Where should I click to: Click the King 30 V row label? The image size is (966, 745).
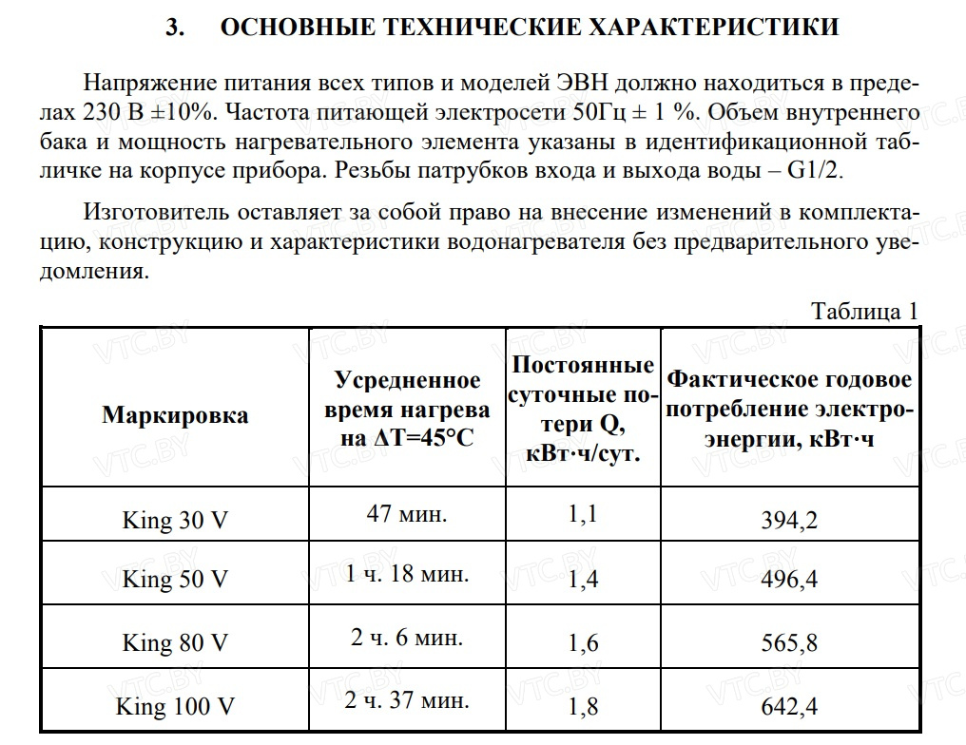(x=175, y=520)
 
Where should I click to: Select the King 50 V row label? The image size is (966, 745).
(x=175, y=580)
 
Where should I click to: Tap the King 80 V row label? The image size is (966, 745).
(x=175, y=643)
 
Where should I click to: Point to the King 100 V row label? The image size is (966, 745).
(x=175, y=707)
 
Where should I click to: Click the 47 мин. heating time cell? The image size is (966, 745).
(x=407, y=514)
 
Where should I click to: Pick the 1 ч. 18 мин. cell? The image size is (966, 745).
(x=407, y=574)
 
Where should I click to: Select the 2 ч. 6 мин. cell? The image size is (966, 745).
(x=407, y=638)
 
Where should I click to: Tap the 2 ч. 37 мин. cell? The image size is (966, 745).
(x=407, y=701)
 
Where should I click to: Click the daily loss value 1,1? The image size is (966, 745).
(x=583, y=514)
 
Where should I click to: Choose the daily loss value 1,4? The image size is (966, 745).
(x=583, y=580)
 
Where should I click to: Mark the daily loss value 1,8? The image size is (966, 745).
(x=583, y=707)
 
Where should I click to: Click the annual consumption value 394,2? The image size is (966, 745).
(x=789, y=520)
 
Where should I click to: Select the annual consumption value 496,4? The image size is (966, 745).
(x=789, y=580)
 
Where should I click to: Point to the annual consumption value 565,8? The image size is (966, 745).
(x=789, y=643)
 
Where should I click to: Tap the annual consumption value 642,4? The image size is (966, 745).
(x=789, y=707)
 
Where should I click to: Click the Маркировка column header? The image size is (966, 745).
(x=175, y=415)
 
